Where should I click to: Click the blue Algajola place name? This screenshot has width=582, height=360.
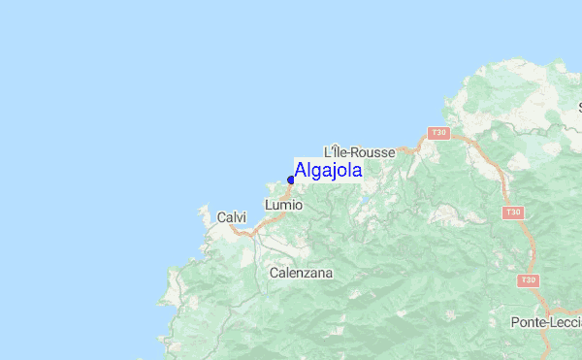pyautogui.click(x=329, y=171)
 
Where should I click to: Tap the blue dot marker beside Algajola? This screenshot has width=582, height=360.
pyautogui.click(x=291, y=180)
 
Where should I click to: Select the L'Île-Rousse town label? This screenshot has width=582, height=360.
pyautogui.click(x=359, y=152)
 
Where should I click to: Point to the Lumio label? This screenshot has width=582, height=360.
pyautogui.click(x=283, y=206)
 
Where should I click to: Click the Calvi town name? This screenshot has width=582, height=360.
pyautogui.click(x=232, y=217)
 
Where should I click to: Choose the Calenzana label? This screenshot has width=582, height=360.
pyautogui.click(x=301, y=273)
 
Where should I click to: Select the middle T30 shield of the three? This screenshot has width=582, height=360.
pyautogui.click(x=513, y=211)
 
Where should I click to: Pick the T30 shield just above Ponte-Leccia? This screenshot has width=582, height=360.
pyautogui.click(x=528, y=281)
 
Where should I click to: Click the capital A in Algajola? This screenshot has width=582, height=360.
pyautogui.click(x=302, y=171)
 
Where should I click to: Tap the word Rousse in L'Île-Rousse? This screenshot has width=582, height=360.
pyautogui.click(x=374, y=152)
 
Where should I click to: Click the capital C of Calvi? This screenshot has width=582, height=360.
pyautogui.click(x=222, y=217)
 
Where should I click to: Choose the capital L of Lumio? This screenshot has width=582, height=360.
pyautogui.click(x=268, y=206)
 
